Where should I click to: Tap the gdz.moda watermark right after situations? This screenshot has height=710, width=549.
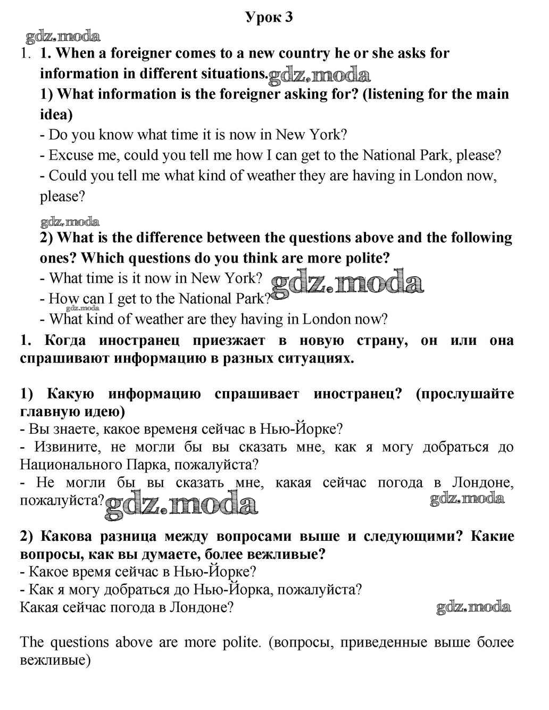(320, 76)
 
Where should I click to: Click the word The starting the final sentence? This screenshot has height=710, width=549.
(32, 642)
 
